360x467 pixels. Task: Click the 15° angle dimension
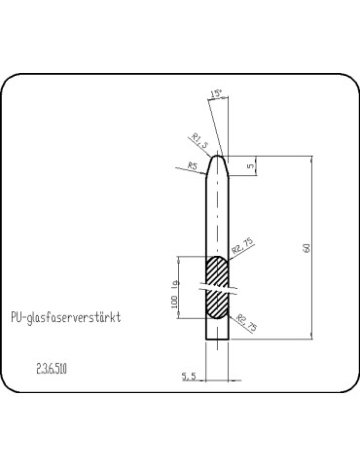pos(215,94)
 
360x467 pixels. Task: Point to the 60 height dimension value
pos(306,247)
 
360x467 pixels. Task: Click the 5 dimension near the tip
pos(250,165)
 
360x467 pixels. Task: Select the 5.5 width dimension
pos(189,374)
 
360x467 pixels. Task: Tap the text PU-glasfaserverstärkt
pos(64,318)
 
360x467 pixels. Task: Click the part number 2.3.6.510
pos(55,371)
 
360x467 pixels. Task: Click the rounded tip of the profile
pos(219,154)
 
